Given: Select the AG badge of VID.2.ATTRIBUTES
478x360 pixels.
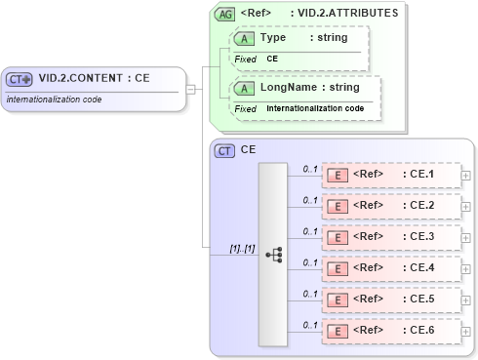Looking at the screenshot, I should point(225,14).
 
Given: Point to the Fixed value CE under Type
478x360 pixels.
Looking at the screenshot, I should point(273,59).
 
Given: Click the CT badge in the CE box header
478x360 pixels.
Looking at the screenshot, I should point(225,150).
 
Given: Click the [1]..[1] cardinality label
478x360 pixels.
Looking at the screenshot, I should point(242,249).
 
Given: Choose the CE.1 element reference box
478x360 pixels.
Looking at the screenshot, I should point(390,176).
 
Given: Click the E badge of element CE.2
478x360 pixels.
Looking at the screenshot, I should point(337,207).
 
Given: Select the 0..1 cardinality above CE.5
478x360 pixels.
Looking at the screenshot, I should point(310,294).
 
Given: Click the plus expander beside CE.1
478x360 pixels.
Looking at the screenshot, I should point(465,176).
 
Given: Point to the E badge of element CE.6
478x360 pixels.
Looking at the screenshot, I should point(337,332).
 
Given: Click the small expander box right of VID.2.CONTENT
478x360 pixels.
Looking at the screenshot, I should point(191,90).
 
